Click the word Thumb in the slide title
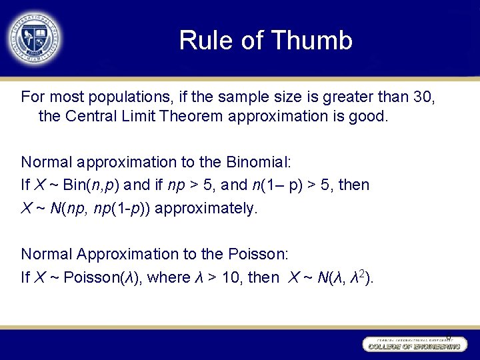point(318,41)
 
